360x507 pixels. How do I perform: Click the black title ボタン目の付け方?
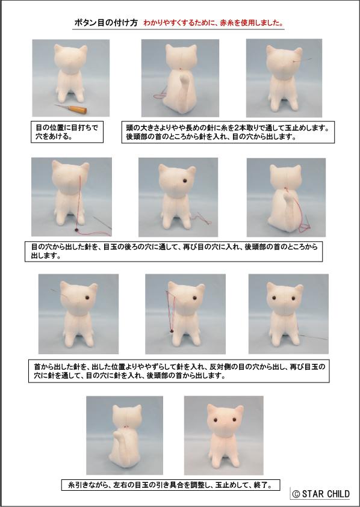point(106,23)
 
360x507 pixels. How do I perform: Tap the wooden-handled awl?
point(70,109)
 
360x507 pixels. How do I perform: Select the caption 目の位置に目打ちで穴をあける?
point(67,132)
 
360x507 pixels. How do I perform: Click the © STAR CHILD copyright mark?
point(320,494)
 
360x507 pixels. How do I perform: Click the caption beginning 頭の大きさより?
point(228,132)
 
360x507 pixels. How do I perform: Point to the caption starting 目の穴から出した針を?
point(174,251)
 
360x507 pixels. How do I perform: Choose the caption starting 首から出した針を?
point(179,371)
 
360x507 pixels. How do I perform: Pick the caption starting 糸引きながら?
point(170,485)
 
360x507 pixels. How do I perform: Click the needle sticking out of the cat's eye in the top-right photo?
point(302,61)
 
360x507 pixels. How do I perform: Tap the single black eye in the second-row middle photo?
point(184,181)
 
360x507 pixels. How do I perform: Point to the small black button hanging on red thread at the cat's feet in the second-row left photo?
point(76,230)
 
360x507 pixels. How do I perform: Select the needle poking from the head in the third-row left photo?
point(59,292)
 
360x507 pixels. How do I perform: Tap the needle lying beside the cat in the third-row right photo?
point(314,337)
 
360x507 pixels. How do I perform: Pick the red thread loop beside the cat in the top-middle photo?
point(158,96)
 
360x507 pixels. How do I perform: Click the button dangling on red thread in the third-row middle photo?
point(170,331)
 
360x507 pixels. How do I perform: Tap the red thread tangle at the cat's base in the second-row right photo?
point(304,227)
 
